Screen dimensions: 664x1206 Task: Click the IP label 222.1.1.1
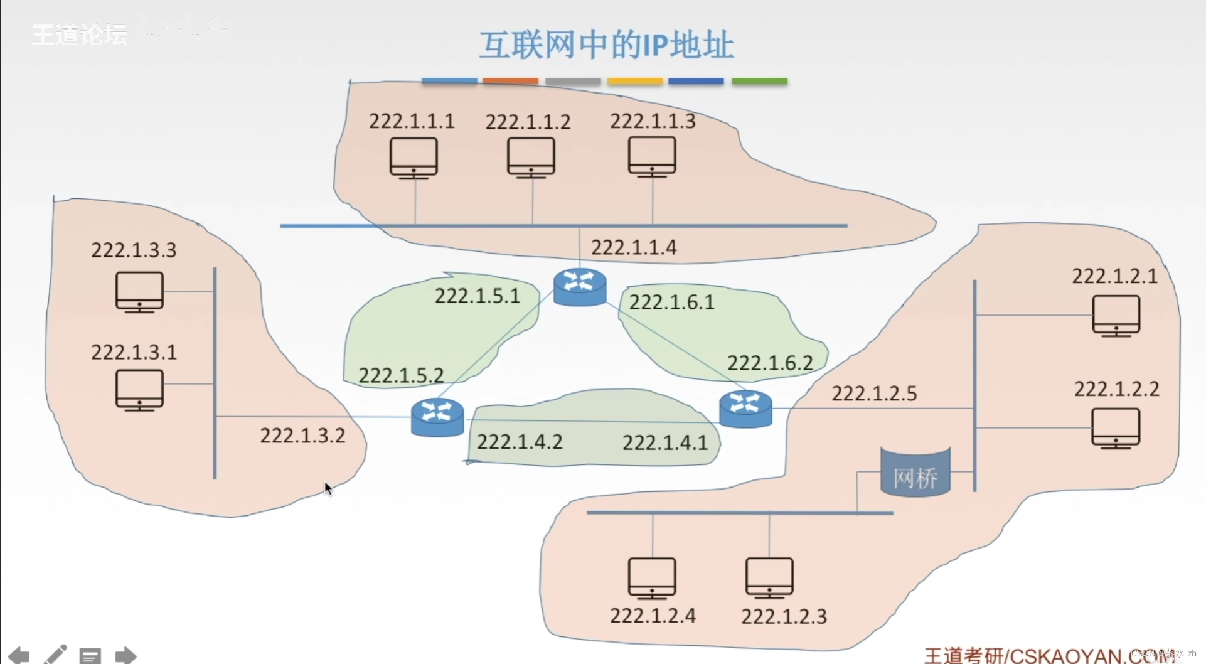pyautogui.click(x=412, y=120)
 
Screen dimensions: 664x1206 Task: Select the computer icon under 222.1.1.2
pyautogui.click(x=531, y=158)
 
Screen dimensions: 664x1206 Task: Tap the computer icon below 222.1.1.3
pyautogui.click(x=652, y=157)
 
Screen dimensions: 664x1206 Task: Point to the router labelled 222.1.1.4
pyautogui.click(x=580, y=287)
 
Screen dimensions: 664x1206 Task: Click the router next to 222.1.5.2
pyautogui.click(x=437, y=417)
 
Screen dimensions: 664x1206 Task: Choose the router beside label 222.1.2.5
pyautogui.click(x=745, y=409)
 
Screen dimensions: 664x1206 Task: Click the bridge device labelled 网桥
pyautogui.click(x=915, y=473)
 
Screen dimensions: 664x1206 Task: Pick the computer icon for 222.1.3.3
pyautogui.click(x=139, y=292)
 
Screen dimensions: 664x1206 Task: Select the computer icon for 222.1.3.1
pyautogui.click(x=139, y=390)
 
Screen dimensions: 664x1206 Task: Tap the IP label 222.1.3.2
pyautogui.click(x=302, y=436)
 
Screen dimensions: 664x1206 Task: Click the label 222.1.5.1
pyautogui.click(x=478, y=296)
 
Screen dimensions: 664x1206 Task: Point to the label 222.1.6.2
pyautogui.click(x=770, y=363)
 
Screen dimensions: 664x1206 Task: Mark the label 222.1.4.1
pyautogui.click(x=665, y=442)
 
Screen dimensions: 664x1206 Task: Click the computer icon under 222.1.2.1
pyautogui.click(x=1116, y=316)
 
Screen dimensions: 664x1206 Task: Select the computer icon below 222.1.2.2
pyautogui.click(x=1116, y=428)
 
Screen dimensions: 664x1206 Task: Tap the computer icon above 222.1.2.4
pyautogui.click(x=652, y=578)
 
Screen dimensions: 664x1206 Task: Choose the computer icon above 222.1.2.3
pyautogui.click(x=769, y=578)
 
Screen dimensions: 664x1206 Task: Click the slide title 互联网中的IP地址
pyautogui.click(x=606, y=45)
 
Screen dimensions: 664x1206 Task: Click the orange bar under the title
pyautogui.click(x=511, y=82)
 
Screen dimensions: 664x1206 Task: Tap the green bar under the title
pyautogui.click(x=759, y=82)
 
